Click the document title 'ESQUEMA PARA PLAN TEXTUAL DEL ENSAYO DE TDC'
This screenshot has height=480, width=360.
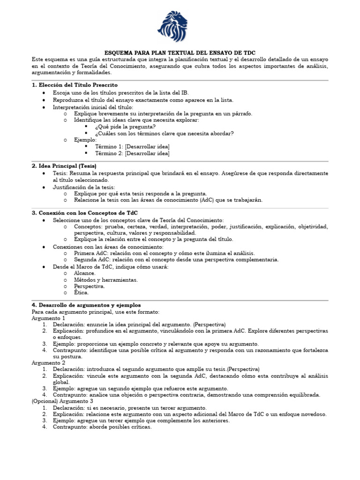(x=180, y=53)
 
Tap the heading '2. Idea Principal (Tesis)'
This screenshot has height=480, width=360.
(x=64, y=166)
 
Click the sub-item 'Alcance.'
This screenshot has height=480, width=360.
(x=85, y=273)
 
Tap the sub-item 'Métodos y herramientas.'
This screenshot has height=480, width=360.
(x=106, y=279)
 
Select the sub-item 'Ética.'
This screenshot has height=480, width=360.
(x=82, y=292)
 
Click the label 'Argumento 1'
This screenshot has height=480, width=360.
(x=48, y=318)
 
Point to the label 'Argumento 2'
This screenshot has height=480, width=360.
(x=48, y=362)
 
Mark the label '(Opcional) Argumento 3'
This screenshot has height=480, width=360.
(x=62, y=401)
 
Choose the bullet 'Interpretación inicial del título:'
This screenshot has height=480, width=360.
(x=93, y=107)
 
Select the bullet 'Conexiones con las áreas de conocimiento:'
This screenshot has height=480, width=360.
(x=108, y=247)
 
